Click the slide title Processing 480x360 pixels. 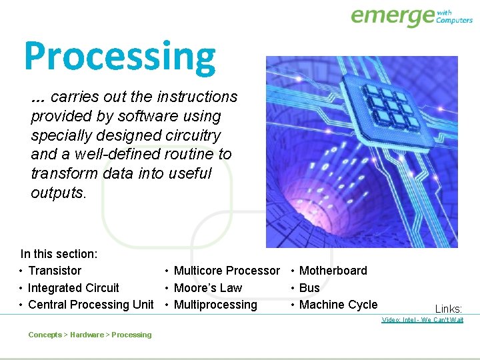point(120,57)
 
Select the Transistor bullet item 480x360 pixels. point(55,271)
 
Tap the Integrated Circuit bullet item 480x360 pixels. point(73,288)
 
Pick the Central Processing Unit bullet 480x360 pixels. point(91,305)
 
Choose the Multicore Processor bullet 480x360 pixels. point(227,271)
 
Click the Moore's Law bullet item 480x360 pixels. point(207,288)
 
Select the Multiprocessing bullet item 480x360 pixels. point(215,305)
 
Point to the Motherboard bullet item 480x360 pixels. point(333,271)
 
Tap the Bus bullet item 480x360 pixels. point(309,288)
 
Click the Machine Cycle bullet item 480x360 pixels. point(338,305)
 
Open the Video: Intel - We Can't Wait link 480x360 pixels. point(422,320)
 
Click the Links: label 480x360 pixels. point(448,309)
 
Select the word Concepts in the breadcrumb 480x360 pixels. point(45,335)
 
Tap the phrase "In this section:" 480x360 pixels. point(59,254)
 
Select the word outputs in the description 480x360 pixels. point(57,193)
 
